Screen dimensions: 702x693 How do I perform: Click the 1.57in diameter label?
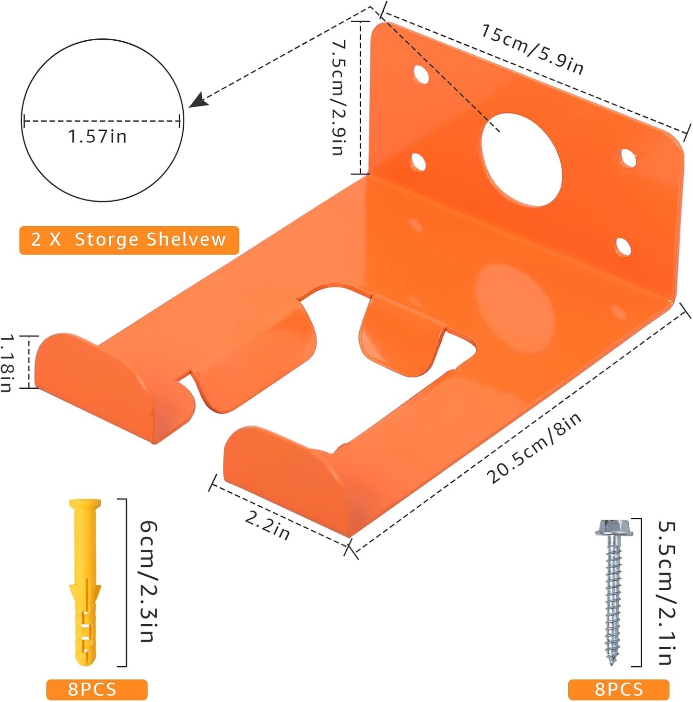click(97, 137)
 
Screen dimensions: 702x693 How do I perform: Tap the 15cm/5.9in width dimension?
click(532, 49)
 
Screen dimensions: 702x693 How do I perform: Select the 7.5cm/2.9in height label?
click(339, 97)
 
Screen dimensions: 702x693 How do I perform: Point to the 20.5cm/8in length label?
click(534, 447)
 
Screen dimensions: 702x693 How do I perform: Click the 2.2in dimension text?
click(268, 525)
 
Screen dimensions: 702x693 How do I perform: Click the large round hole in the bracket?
click(522, 160)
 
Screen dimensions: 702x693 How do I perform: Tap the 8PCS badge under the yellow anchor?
click(96, 690)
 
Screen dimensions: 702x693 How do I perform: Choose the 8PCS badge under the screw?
click(618, 690)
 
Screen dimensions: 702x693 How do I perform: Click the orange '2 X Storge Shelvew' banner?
click(129, 240)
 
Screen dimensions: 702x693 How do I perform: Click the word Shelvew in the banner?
click(186, 239)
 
